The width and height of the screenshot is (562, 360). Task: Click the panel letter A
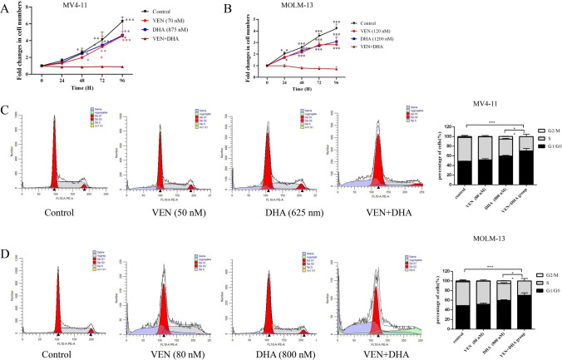(x=8, y=7)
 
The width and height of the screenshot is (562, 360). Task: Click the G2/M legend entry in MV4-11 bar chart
(x=540, y=131)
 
